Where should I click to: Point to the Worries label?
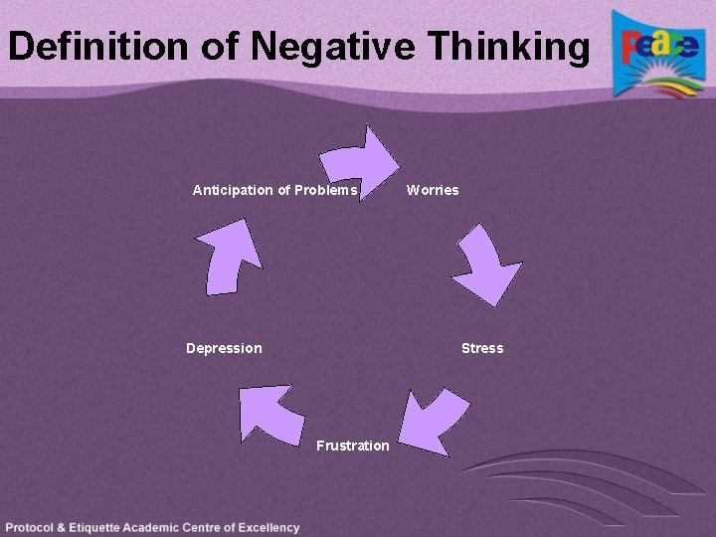coord(433,190)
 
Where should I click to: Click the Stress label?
coord(482,348)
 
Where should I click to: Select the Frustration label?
coord(353,446)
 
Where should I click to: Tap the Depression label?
coord(224,348)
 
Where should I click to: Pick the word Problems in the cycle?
coord(323,190)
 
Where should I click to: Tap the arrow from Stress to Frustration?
coord(434,421)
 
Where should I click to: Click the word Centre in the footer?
coord(213,528)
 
